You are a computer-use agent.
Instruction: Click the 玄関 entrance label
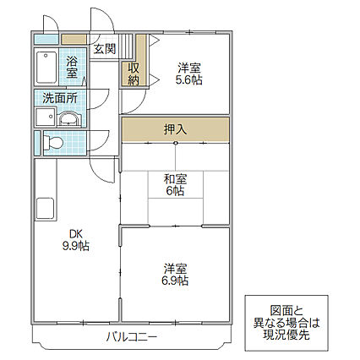point(105,49)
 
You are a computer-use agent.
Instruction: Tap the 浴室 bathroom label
point(72,67)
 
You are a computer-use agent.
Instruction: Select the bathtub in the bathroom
point(46,67)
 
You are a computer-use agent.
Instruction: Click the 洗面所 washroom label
point(60,98)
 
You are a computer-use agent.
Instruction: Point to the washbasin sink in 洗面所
point(69,119)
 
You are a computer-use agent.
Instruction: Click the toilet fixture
point(53,142)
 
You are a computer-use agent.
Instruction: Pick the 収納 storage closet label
point(134,74)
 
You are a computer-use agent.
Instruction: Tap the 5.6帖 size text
point(189,80)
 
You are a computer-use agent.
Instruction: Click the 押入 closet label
point(175,129)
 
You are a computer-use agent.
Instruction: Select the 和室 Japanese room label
point(175,179)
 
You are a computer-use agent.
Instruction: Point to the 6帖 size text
point(175,191)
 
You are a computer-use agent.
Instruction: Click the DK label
point(76,234)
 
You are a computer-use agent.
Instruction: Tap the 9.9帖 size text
point(76,246)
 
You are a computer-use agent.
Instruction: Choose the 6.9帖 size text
point(175,281)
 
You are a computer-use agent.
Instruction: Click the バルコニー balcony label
point(131,336)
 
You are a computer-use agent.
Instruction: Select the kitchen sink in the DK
point(45,209)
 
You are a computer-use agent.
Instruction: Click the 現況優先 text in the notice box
point(286,335)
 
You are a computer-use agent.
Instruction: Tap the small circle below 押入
point(176,144)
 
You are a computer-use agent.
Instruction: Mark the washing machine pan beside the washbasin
point(45,117)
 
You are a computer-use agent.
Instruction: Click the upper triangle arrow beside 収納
point(154,41)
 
